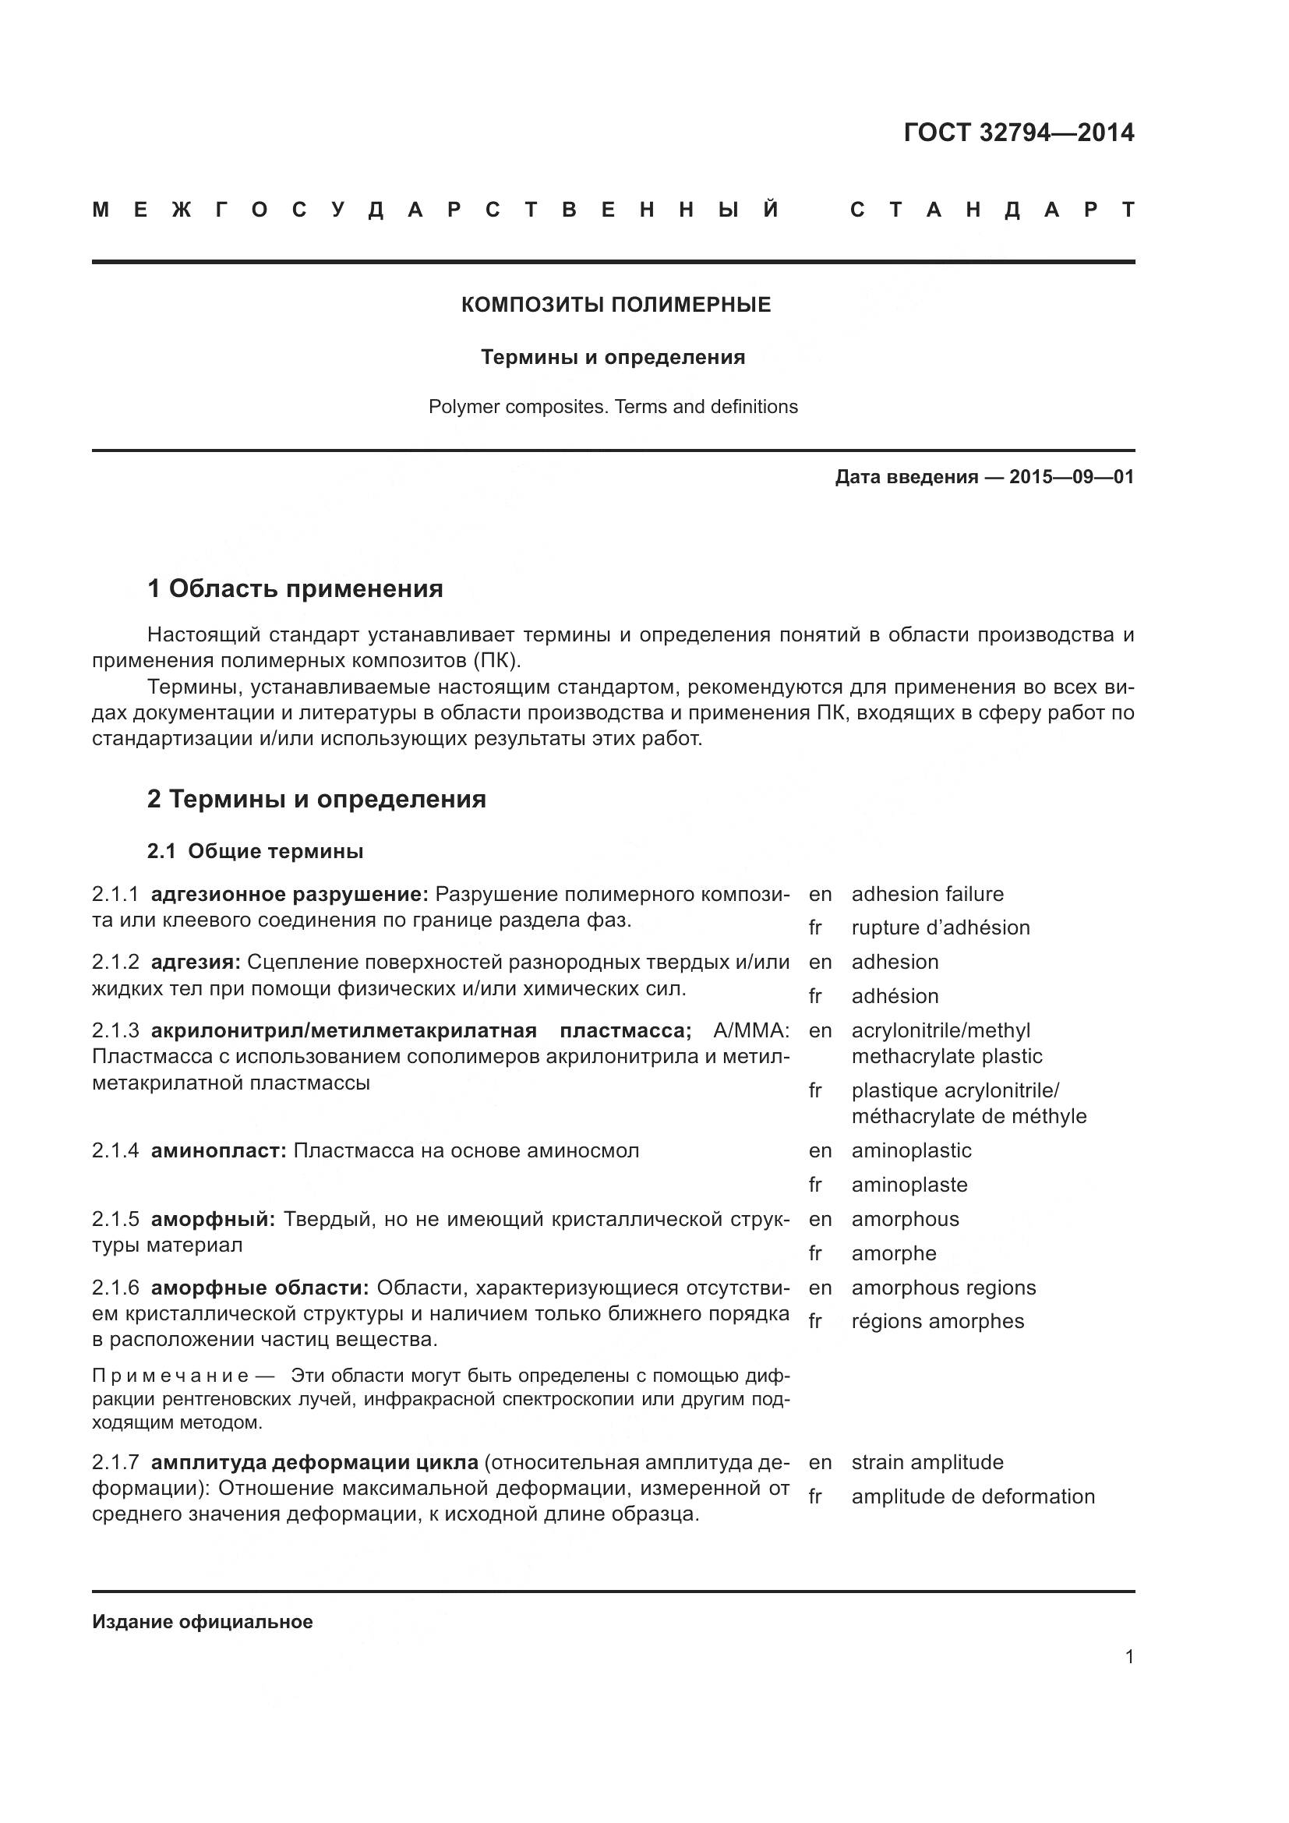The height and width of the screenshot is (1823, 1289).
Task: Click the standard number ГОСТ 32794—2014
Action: click(1019, 132)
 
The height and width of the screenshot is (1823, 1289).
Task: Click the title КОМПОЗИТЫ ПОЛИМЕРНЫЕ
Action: click(616, 305)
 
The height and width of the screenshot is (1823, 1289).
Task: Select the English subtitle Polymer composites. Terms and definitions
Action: click(613, 407)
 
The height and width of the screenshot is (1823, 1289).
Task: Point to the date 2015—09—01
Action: click(1072, 477)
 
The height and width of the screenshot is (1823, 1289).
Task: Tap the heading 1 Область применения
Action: click(295, 588)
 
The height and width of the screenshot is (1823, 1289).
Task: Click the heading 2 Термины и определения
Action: click(316, 798)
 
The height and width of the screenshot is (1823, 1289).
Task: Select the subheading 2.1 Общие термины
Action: click(255, 851)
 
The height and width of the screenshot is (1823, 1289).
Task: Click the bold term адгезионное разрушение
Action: click(289, 894)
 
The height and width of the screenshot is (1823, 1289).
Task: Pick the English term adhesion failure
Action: click(927, 894)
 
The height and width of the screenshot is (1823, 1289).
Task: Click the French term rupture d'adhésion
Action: click(940, 927)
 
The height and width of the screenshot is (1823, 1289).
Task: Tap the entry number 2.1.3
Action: click(115, 1030)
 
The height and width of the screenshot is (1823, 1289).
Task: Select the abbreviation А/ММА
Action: click(750, 1030)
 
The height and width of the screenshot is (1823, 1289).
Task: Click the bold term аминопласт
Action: click(218, 1150)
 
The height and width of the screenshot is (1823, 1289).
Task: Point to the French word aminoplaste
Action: click(909, 1185)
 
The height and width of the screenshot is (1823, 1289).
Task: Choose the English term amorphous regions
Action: click(943, 1287)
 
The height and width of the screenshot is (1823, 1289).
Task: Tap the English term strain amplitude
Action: click(927, 1461)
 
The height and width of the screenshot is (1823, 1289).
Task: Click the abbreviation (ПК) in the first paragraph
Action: click(497, 661)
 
